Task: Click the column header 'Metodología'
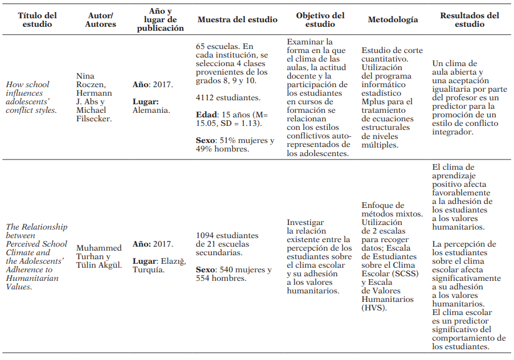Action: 393,20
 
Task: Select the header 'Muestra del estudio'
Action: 237,20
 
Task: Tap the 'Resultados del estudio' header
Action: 470,20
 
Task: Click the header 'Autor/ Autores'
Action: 100,20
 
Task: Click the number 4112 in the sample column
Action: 206,97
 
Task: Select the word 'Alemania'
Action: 151,110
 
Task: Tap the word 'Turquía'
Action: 150,269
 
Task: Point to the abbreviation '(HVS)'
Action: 374,308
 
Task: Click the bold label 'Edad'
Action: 206,114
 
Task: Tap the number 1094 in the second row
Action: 206,235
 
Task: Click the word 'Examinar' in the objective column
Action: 304,42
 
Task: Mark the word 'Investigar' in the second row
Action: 305,223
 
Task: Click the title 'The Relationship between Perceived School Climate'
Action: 35,235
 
